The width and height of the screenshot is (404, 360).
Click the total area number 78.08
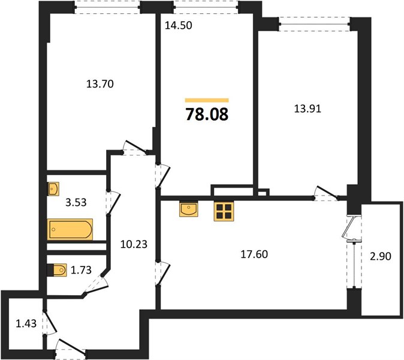pos(207,114)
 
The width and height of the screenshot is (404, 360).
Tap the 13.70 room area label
pos(100,84)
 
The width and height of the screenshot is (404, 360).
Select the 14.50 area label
pos(178,25)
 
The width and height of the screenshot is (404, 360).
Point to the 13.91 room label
pos(307,109)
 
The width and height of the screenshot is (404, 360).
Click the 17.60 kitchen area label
pos(254,254)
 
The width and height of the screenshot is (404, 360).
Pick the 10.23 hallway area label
pos(134,244)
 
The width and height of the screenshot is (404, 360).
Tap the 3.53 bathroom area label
pos(76,202)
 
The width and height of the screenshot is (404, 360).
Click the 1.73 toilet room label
pos(81,270)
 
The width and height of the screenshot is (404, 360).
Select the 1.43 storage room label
pos(26,323)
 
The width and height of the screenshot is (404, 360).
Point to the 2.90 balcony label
pos(381,256)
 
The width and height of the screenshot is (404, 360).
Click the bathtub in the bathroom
pos(70,229)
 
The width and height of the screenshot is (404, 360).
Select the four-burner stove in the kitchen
pos(224,211)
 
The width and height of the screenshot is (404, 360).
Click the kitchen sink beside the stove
pos(189,209)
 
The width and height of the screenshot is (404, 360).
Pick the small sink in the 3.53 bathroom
pos(53,189)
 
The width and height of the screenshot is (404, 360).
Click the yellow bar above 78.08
pos(207,100)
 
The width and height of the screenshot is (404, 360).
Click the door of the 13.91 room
pos(327,193)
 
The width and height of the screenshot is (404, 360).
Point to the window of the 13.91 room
pos(314,24)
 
